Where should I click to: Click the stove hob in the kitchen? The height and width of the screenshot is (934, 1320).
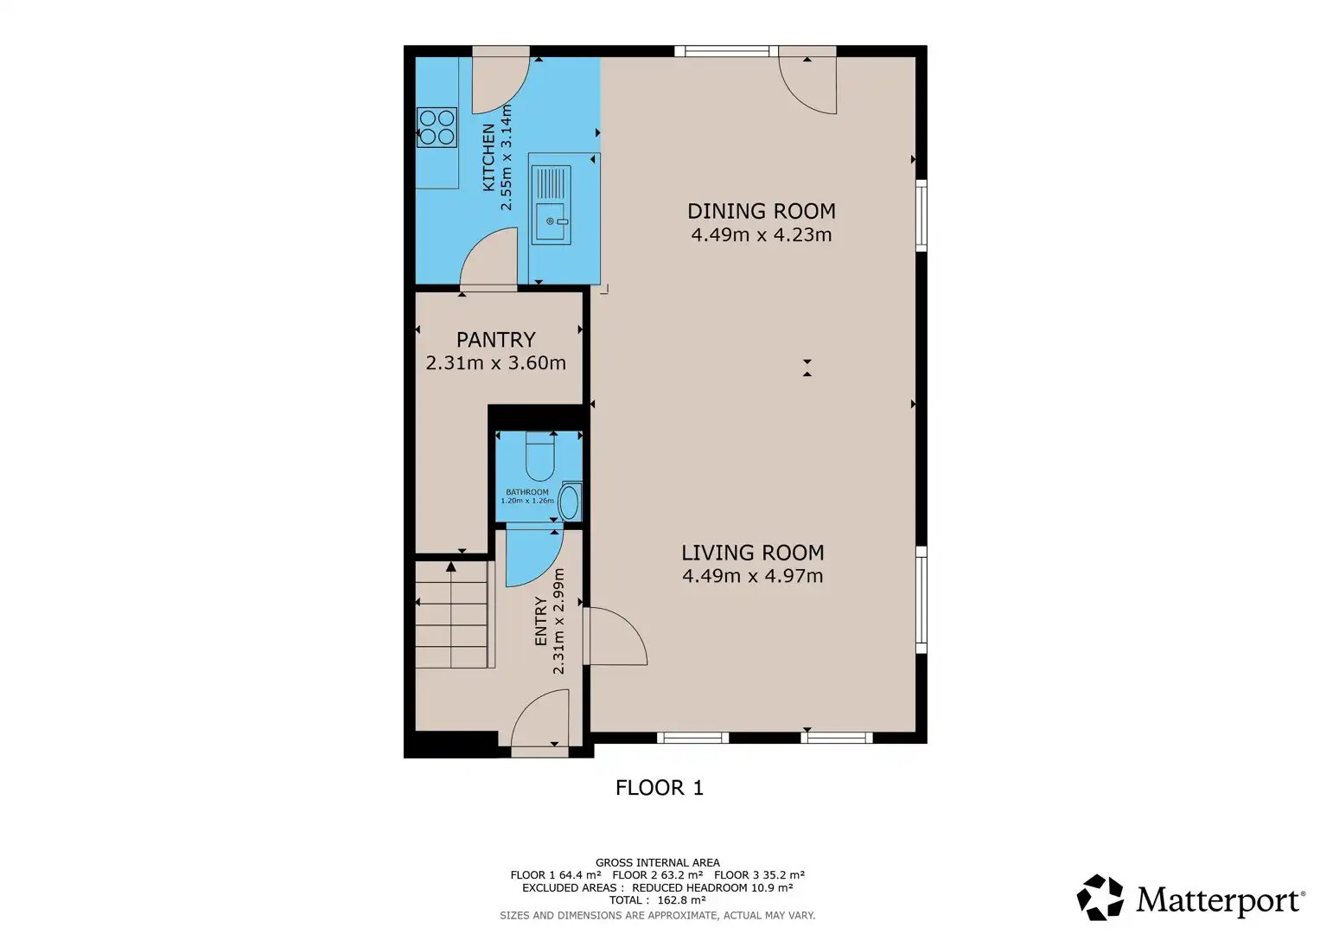[x=437, y=127]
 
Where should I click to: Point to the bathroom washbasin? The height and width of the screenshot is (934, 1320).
[x=570, y=502]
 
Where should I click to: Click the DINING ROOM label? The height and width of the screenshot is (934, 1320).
[x=762, y=211]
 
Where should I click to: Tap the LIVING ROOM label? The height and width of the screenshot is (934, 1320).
[x=753, y=553]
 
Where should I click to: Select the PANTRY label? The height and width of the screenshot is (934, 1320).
[x=496, y=340]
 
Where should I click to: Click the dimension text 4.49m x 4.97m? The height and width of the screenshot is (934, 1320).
[x=753, y=575]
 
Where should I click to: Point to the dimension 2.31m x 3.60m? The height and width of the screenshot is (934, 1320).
[x=495, y=362]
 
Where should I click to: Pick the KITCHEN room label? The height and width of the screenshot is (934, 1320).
[x=488, y=157]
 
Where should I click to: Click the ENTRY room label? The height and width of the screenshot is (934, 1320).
[x=541, y=621]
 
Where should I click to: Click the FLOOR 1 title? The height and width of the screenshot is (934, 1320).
[x=660, y=788]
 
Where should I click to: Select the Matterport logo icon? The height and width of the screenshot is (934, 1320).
[x=1100, y=898]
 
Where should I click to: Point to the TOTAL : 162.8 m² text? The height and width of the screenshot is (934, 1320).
[x=658, y=900]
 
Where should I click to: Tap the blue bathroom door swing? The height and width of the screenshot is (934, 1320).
[x=534, y=558]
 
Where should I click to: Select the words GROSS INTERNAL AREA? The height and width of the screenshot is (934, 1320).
[x=658, y=863]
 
